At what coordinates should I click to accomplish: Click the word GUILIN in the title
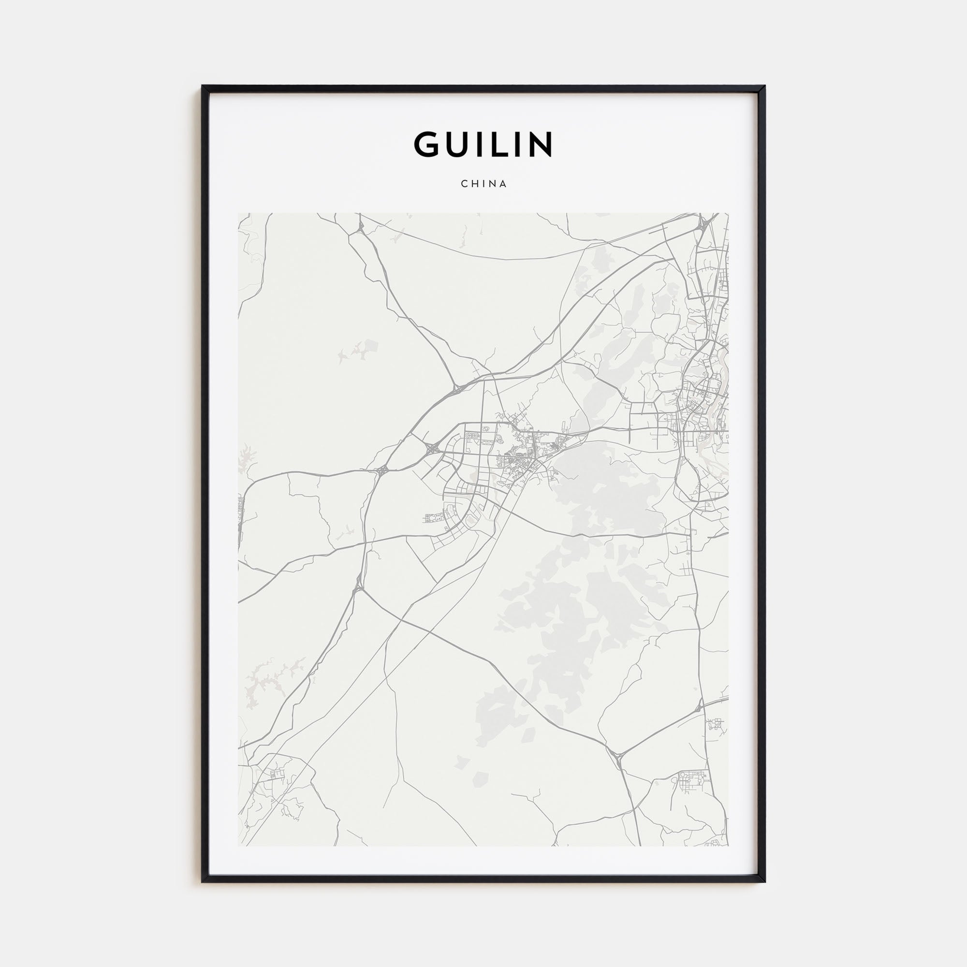pos(483,144)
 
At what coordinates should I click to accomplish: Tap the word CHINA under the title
pos(483,184)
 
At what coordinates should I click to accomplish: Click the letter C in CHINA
pos(464,184)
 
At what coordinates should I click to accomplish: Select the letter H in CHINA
pos(474,184)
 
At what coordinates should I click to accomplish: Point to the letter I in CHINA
pos(483,184)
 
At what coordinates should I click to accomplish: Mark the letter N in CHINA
pos(492,184)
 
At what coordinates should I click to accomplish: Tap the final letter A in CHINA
pos(503,184)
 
